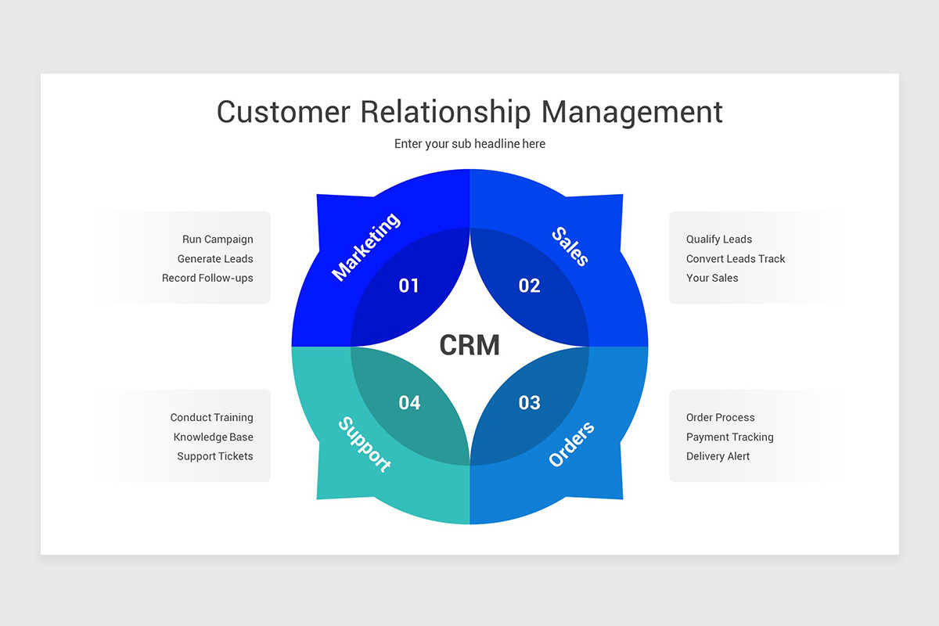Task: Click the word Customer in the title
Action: pos(283,112)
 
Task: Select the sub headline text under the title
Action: pos(469,144)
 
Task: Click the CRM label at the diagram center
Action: pos(469,345)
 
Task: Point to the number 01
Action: pos(409,286)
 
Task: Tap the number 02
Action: pos(530,286)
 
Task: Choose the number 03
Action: pos(530,403)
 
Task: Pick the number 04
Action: pos(409,403)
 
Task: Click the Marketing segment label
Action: pos(366,246)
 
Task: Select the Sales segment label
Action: pos(570,246)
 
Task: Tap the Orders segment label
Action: pos(571,444)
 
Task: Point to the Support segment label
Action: pos(365,444)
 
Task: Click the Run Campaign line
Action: pos(218,239)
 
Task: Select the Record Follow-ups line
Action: pos(207,278)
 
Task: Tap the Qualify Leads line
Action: pos(719,239)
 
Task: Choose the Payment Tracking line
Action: pos(729,437)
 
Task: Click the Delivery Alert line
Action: pos(718,456)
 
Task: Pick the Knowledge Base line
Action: pos(213,437)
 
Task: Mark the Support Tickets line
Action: pos(214,456)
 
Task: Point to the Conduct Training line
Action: pos(211,418)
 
